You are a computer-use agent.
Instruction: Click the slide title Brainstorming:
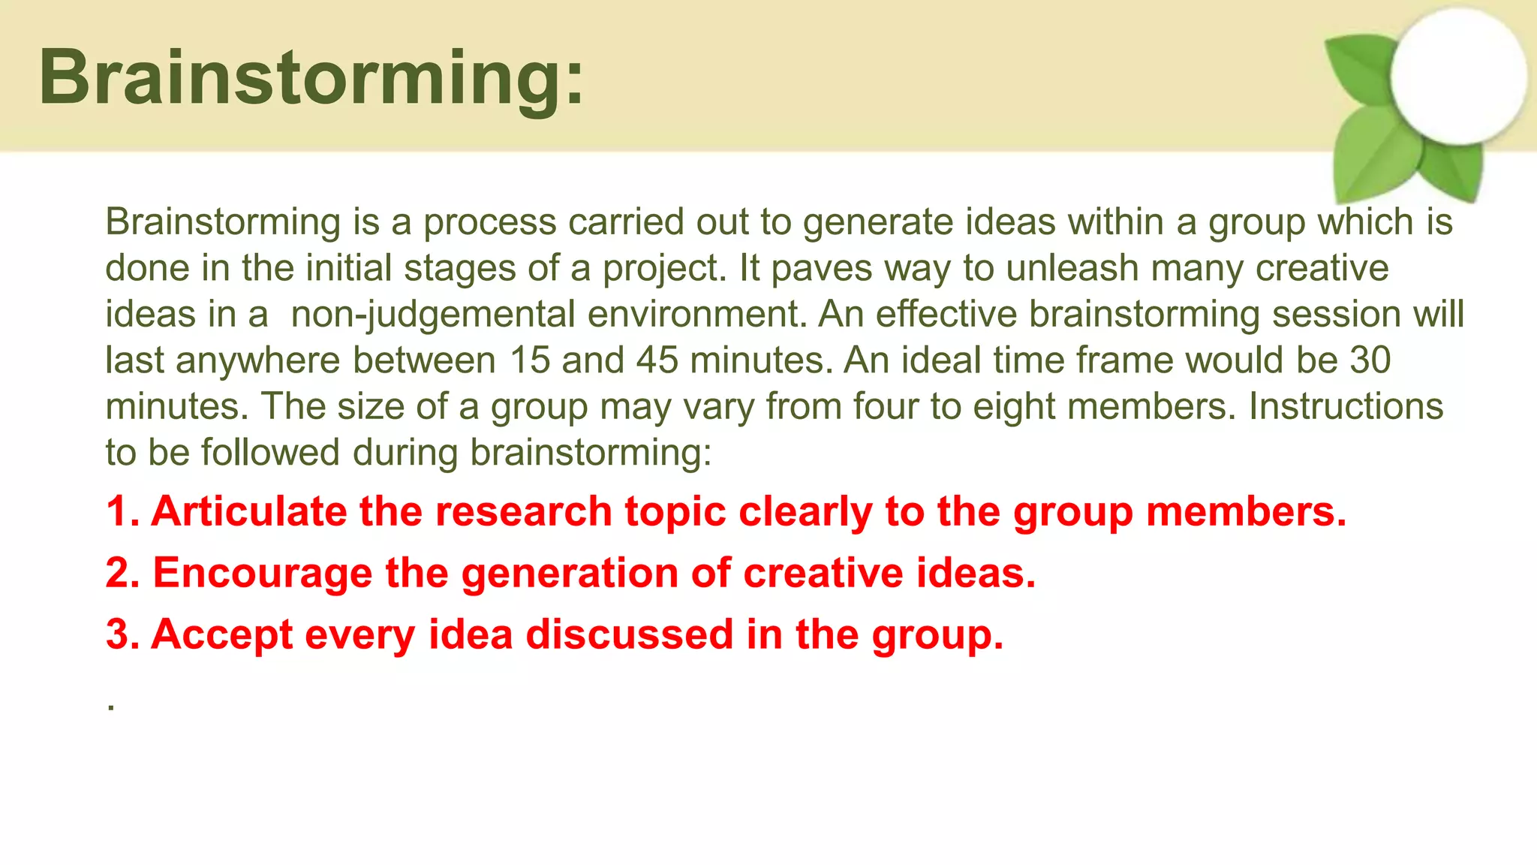[311, 78]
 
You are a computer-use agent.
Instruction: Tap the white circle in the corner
[1457, 77]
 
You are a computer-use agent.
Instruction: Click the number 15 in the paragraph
[529, 360]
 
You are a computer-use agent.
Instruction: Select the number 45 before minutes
[657, 360]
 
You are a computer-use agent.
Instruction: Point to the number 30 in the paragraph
[1370, 360]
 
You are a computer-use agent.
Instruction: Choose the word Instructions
[1346, 406]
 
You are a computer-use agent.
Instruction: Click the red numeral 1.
[118, 512]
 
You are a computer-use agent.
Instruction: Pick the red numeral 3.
[119, 635]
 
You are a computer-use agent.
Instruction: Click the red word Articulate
[249, 512]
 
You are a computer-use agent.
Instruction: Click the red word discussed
[629, 635]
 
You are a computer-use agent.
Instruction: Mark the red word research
[523, 512]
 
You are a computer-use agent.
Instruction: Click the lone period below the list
[111, 707]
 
